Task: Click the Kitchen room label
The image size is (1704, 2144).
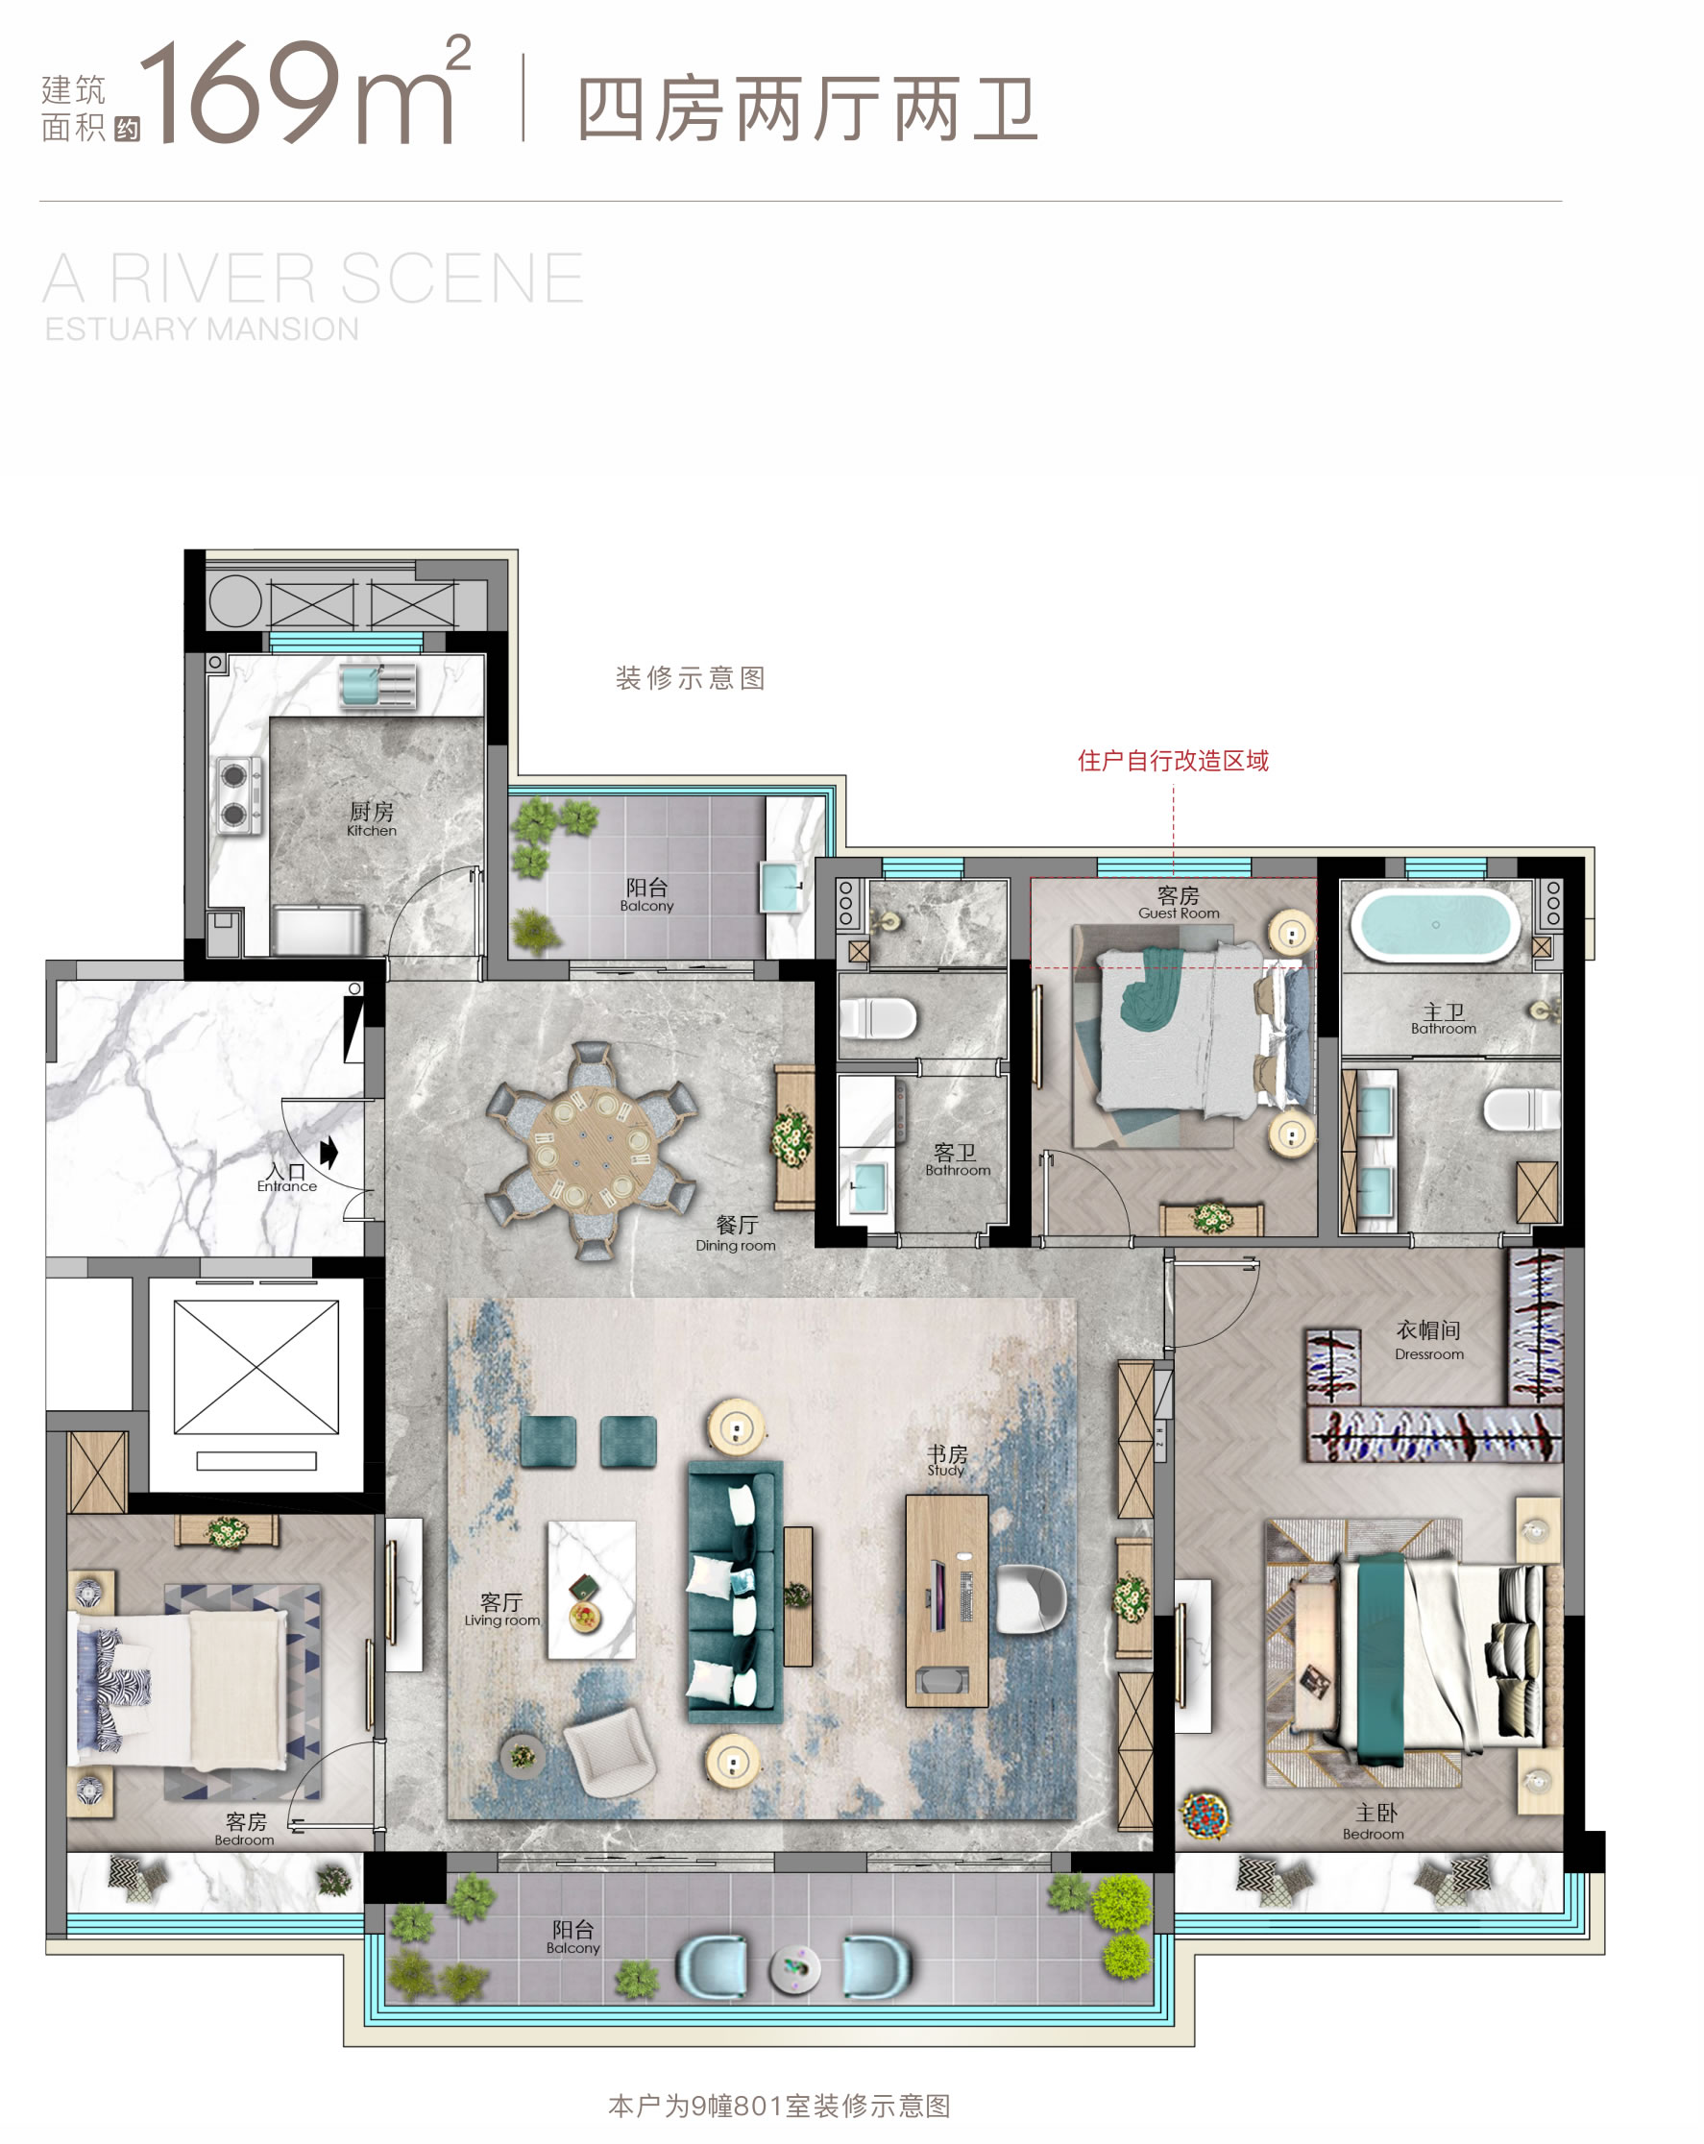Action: pos(371,818)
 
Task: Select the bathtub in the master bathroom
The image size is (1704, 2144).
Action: pos(1433,924)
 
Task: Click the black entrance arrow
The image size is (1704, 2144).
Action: pos(329,1153)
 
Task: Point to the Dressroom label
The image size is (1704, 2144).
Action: pos(1428,1339)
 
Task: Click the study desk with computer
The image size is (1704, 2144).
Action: pos(946,1600)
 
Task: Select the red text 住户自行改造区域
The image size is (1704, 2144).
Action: pos(1173,761)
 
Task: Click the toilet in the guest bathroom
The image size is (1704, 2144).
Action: pos(877,1017)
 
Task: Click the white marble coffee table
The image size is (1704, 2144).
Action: pos(592,1589)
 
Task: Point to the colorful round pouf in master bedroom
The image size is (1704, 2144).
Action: pos(1204,1812)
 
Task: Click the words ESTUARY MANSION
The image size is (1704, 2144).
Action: pos(202,329)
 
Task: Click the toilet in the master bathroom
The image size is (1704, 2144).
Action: pos(1521,1109)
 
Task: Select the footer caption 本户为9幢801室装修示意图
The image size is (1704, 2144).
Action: pos(779,2106)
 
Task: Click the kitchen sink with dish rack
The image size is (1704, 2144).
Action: pos(377,686)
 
